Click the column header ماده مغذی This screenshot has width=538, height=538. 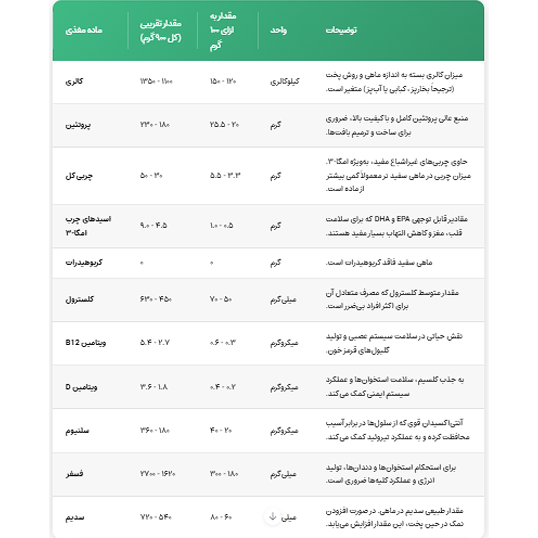pos(84,30)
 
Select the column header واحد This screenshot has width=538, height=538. pos(278,30)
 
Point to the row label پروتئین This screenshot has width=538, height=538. pos(78,125)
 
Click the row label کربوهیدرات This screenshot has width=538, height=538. pos(84,262)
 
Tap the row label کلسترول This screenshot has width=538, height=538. pos(79,299)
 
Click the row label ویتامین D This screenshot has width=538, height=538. pos(81,387)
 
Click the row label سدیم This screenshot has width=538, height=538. pos(75,517)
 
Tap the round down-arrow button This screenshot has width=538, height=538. pos(272,516)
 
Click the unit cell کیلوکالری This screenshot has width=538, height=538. pos(284,82)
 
